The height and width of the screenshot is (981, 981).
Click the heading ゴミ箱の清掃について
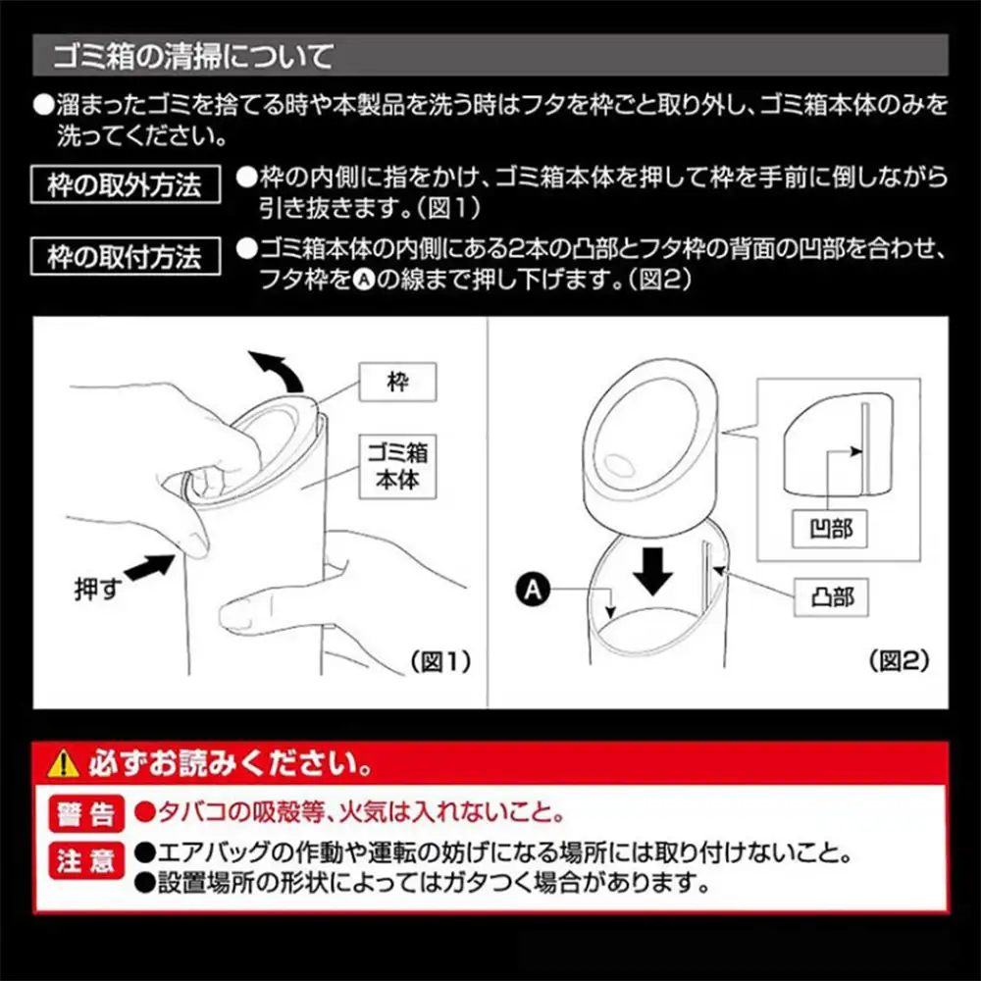coord(193,56)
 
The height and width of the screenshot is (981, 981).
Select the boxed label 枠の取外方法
coord(126,184)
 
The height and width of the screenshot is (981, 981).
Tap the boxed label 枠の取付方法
coord(126,256)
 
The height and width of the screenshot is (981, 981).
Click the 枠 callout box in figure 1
coord(397,382)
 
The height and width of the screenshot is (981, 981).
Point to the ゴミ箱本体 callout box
coord(397,467)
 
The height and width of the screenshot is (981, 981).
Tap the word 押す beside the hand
coord(97,589)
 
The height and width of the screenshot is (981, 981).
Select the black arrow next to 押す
coord(150,566)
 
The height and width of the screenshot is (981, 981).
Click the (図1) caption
coord(440,661)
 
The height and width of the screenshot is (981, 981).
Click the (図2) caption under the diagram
coord(899,660)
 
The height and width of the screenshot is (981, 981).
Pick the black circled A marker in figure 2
coord(533,590)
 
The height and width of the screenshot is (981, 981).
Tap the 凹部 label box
coord(830,530)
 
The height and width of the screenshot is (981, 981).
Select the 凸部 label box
coord(831,597)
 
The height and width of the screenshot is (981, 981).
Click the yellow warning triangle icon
coord(63,764)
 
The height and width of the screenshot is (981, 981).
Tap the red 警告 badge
coord(86,813)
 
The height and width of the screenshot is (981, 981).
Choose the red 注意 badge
coord(86,860)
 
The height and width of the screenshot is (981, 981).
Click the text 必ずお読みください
coord(230,763)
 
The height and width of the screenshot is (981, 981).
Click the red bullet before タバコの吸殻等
coord(145,812)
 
